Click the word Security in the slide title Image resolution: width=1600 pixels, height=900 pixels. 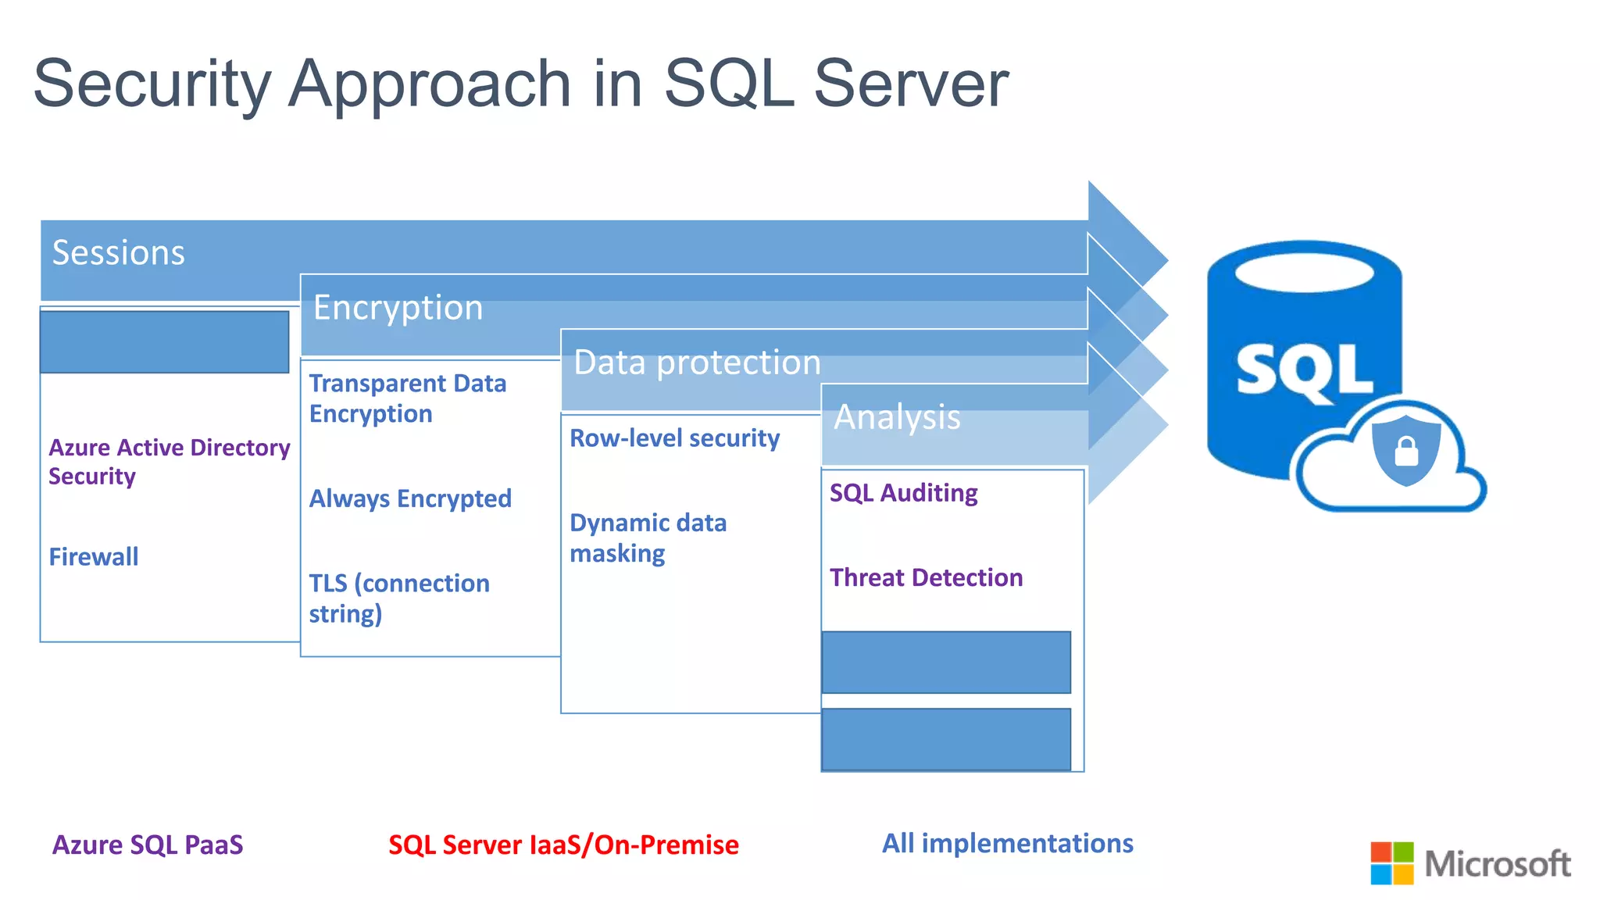pos(152,84)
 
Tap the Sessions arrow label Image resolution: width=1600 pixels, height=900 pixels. pos(118,253)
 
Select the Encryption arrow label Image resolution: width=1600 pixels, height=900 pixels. pos(398,308)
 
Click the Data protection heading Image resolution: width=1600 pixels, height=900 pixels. pos(697,362)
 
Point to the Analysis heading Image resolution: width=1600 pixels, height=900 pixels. pos(897,417)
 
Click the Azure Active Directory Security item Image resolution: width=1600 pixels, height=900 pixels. pos(169,462)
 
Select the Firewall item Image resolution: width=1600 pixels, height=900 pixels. pos(94,557)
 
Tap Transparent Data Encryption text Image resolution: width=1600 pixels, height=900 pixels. pos(407,398)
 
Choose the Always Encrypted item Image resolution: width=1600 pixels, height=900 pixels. pos(410,498)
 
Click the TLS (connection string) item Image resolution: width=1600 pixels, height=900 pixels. pos(398,598)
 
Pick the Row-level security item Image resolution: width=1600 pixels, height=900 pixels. pos(674,438)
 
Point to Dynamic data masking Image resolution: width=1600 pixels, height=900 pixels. pos(648,537)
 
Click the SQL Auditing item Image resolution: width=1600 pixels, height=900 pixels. pos(903,493)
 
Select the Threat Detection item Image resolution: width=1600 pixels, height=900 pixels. pos(926,577)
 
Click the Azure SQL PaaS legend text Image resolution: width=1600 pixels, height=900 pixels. pos(148,845)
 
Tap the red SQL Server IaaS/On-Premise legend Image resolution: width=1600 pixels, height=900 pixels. pos(563,845)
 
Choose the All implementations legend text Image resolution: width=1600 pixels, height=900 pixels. pos(1007,843)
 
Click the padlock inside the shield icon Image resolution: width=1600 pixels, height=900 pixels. pos(1406,452)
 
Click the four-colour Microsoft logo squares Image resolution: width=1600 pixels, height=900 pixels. pos(1391,862)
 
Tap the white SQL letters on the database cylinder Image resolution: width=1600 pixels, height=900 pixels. pos(1303,372)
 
